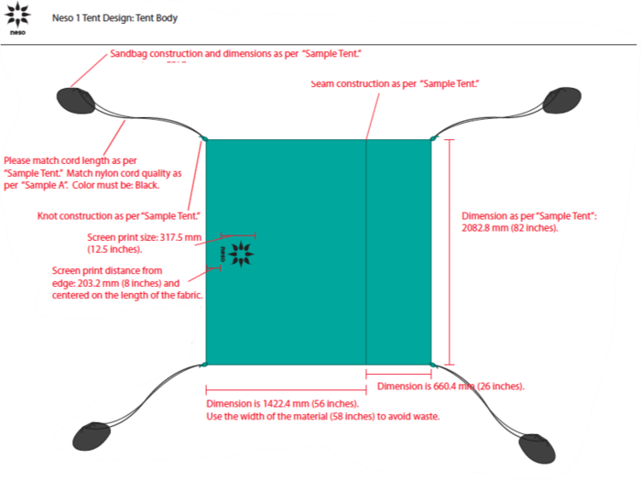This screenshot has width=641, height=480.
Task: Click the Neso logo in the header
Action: (x=17, y=17)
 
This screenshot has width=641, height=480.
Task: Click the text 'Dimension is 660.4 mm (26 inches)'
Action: (x=451, y=387)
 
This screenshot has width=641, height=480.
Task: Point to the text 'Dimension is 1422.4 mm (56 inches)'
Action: (x=282, y=404)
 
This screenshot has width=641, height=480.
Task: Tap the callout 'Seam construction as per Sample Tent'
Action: (x=396, y=83)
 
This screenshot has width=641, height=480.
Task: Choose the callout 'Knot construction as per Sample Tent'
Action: (x=118, y=216)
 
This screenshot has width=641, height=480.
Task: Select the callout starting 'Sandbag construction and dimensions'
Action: (x=236, y=55)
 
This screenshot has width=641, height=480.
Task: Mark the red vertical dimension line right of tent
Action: (x=448, y=252)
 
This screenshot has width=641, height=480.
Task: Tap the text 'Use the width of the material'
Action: (x=322, y=417)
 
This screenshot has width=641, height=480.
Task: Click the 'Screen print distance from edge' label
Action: (x=107, y=270)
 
